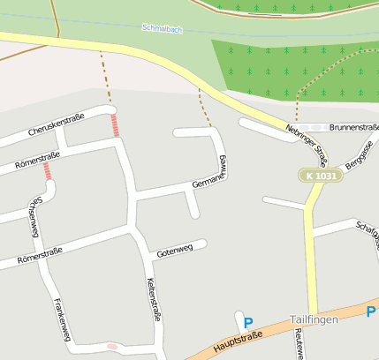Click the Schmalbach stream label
(162, 28)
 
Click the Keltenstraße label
(152, 299)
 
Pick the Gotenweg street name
(174, 251)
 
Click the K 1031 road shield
(321, 176)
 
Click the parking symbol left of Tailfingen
(248, 324)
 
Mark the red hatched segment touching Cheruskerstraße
(115, 124)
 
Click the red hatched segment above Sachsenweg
(47, 171)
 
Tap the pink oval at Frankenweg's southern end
(111, 346)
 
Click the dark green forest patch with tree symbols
(292, 66)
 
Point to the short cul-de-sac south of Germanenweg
(193, 205)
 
